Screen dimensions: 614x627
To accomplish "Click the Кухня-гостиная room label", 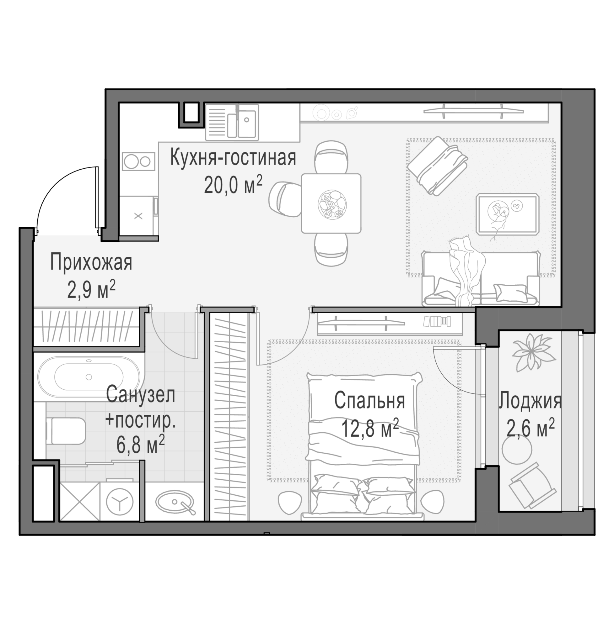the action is [233, 157].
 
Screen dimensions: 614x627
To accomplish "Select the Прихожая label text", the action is [91, 262].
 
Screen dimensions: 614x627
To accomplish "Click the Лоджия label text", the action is [530, 401].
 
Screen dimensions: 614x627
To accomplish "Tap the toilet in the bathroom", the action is [66, 431].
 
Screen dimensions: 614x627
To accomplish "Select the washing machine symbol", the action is [120, 501].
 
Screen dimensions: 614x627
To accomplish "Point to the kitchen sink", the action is [232, 122].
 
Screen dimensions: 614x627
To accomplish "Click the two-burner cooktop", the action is [138, 161].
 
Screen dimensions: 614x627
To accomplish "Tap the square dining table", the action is [331, 203].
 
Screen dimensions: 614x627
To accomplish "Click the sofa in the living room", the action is [481, 278].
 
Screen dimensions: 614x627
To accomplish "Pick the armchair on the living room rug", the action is [438, 166].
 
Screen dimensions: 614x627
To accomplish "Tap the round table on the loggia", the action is [517, 450].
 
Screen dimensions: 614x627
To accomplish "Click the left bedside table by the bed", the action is [290, 503].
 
